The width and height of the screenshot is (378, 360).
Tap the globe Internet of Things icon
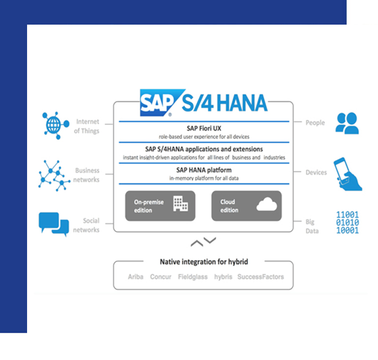point(56,125)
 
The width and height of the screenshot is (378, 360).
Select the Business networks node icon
point(54,175)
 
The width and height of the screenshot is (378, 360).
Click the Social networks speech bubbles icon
point(54,224)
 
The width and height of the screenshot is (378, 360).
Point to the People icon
point(347,123)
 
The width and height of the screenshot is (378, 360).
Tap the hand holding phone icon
point(347,174)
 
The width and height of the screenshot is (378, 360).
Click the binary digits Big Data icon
point(347,222)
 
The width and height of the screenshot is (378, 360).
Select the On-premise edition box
point(160,206)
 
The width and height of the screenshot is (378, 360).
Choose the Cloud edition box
point(247,206)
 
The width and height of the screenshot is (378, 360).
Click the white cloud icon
point(267,204)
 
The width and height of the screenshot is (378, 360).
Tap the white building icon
point(181,204)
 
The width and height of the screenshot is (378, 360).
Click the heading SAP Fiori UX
point(204,129)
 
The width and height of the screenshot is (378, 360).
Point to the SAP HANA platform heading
point(204,170)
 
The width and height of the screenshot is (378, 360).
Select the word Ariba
point(135,277)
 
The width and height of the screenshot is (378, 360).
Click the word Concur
point(160,277)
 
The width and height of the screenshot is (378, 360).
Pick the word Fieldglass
point(192,277)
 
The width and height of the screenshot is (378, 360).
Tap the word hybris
point(223,277)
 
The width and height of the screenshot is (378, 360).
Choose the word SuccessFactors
point(260,277)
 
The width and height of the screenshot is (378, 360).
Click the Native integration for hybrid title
point(204,262)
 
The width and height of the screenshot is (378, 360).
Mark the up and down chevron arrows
point(203,242)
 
